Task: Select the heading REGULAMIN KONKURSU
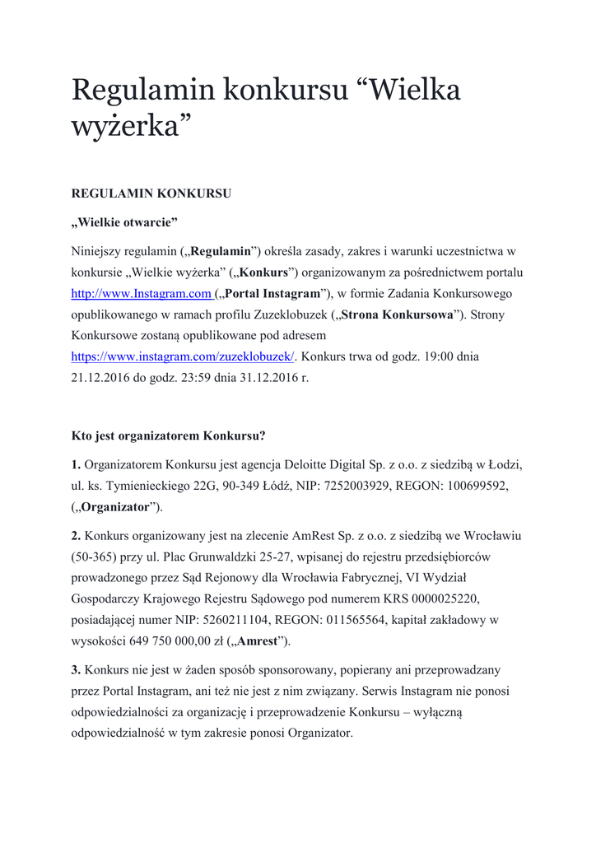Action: coord(151,194)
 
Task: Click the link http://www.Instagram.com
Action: coord(142,294)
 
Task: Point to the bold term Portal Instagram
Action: coord(272,294)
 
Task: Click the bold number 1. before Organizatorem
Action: coord(76,464)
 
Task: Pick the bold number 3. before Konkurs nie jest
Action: coord(76,670)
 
